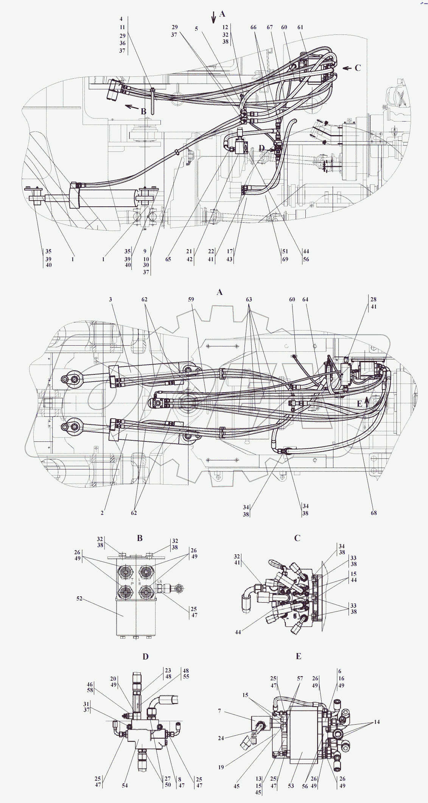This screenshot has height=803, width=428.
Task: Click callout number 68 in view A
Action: pyautogui.click(x=374, y=513)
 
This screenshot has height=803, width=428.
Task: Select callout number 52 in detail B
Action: pyautogui.click(x=79, y=599)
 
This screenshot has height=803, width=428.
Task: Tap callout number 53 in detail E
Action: pyautogui.click(x=291, y=786)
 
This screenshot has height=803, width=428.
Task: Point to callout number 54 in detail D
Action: pyautogui.click(x=125, y=785)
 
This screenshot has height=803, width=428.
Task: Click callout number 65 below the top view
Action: pyautogui.click(x=168, y=259)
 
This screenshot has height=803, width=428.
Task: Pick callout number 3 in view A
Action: pyautogui.click(x=111, y=299)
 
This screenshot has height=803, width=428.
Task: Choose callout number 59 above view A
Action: pyautogui.click(x=191, y=299)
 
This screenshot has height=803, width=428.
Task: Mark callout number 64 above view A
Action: pyautogui.click(x=305, y=299)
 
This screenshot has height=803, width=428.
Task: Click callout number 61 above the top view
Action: pyautogui.click(x=300, y=27)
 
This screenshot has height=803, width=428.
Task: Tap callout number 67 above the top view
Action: pyautogui.click(x=269, y=27)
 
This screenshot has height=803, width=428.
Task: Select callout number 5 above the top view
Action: pyautogui.click(x=196, y=29)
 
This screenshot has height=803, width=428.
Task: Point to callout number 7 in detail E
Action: pyautogui.click(x=219, y=711)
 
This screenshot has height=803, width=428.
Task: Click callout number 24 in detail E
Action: pyautogui.click(x=221, y=738)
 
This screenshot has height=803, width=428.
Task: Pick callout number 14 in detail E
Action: pyautogui.click(x=377, y=722)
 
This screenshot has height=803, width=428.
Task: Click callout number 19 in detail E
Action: pyautogui.click(x=221, y=767)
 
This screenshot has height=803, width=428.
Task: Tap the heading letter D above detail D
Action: pyautogui.click(x=146, y=656)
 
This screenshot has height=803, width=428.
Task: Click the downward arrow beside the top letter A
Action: pyautogui.click(x=213, y=17)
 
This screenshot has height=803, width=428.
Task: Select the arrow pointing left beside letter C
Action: pyautogui.click(x=347, y=68)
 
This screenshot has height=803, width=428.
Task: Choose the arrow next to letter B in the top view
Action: pyautogui.click(x=132, y=107)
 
